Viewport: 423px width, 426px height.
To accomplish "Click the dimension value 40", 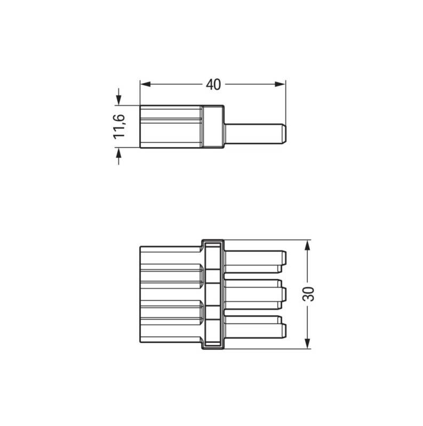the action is coord(213,85).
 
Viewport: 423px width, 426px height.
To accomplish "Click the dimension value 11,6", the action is coord(119,127).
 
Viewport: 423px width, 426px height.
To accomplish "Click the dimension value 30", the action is coord(308,294).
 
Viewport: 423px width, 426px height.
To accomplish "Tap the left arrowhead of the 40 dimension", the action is coord(145,84).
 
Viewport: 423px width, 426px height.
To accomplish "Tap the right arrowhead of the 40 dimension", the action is coord(280,84).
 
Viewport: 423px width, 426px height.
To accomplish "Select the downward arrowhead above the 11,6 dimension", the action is coord(118,100).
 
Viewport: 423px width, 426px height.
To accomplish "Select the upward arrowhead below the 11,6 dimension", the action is coord(118,153).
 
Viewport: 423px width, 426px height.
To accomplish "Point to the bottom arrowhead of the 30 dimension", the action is coord(308,343).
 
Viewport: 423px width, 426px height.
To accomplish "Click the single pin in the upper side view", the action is coord(255,134).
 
